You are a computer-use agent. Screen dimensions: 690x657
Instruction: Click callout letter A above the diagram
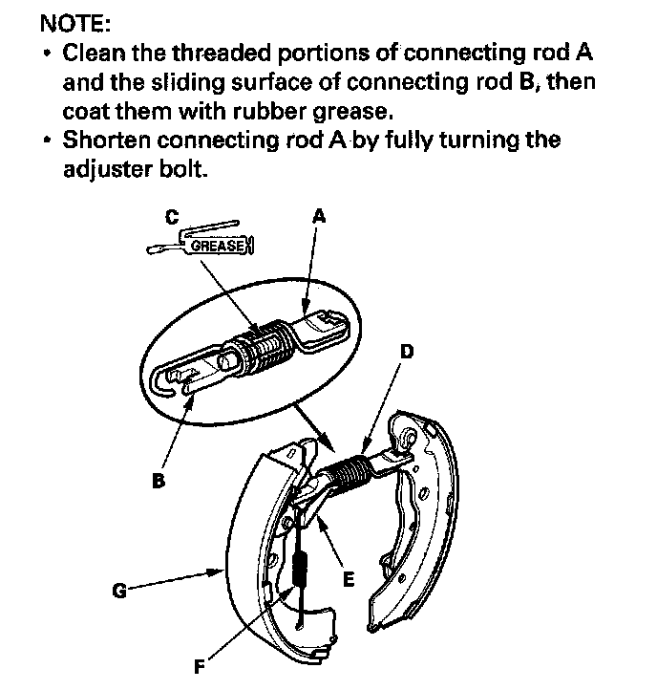[x=319, y=216]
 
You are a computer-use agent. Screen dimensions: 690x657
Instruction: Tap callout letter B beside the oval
[x=159, y=481]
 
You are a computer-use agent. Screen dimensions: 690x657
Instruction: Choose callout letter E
[x=348, y=578]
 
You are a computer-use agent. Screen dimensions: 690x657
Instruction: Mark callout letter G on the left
[x=119, y=591]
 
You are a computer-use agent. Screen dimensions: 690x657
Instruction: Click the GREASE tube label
[x=217, y=246]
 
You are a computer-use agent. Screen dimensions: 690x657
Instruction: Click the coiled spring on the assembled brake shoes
[x=345, y=467]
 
